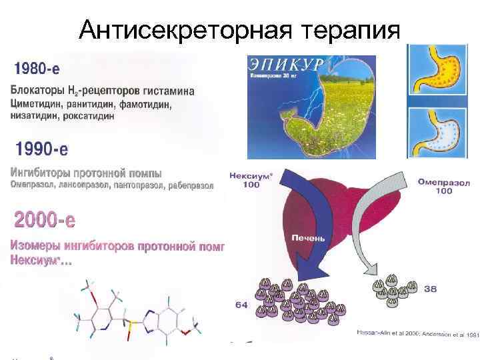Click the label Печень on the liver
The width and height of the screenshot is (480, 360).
[x=308, y=237]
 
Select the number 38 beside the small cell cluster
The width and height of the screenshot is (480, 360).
[x=431, y=289]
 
